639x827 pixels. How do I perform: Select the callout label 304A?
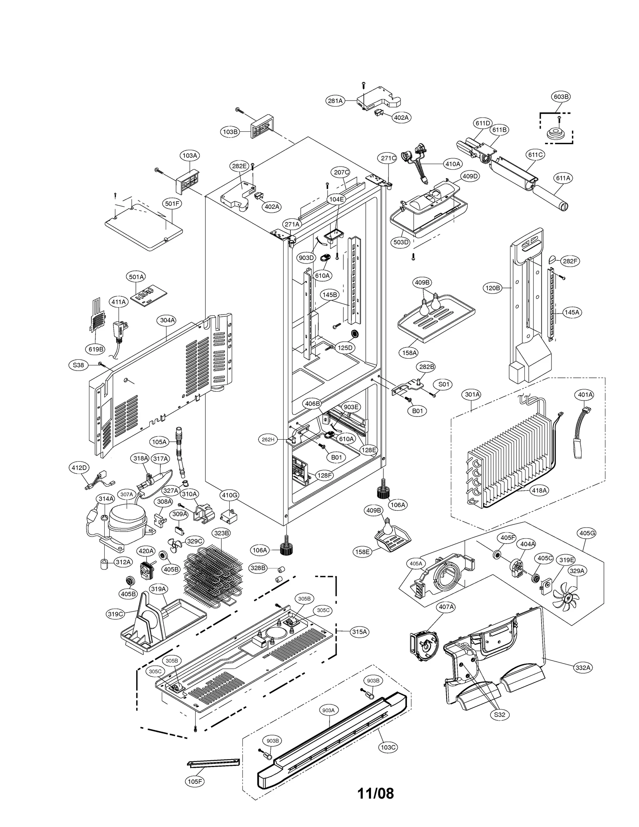[x=167, y=320]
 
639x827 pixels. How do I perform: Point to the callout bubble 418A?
[x=539, y=490]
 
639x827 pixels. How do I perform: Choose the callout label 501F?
[x=172, y=203]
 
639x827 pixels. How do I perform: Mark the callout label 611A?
[x=563, y=178]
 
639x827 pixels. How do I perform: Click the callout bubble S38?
[x=78, y=365]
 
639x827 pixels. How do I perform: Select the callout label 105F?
[x=195, y=781]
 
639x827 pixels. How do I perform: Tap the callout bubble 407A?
[x=446, y=607]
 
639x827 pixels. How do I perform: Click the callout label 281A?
[x=335, y=101]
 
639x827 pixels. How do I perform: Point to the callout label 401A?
[x=585, y=395]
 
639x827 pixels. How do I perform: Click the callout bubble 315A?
[x=359, y=632]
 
